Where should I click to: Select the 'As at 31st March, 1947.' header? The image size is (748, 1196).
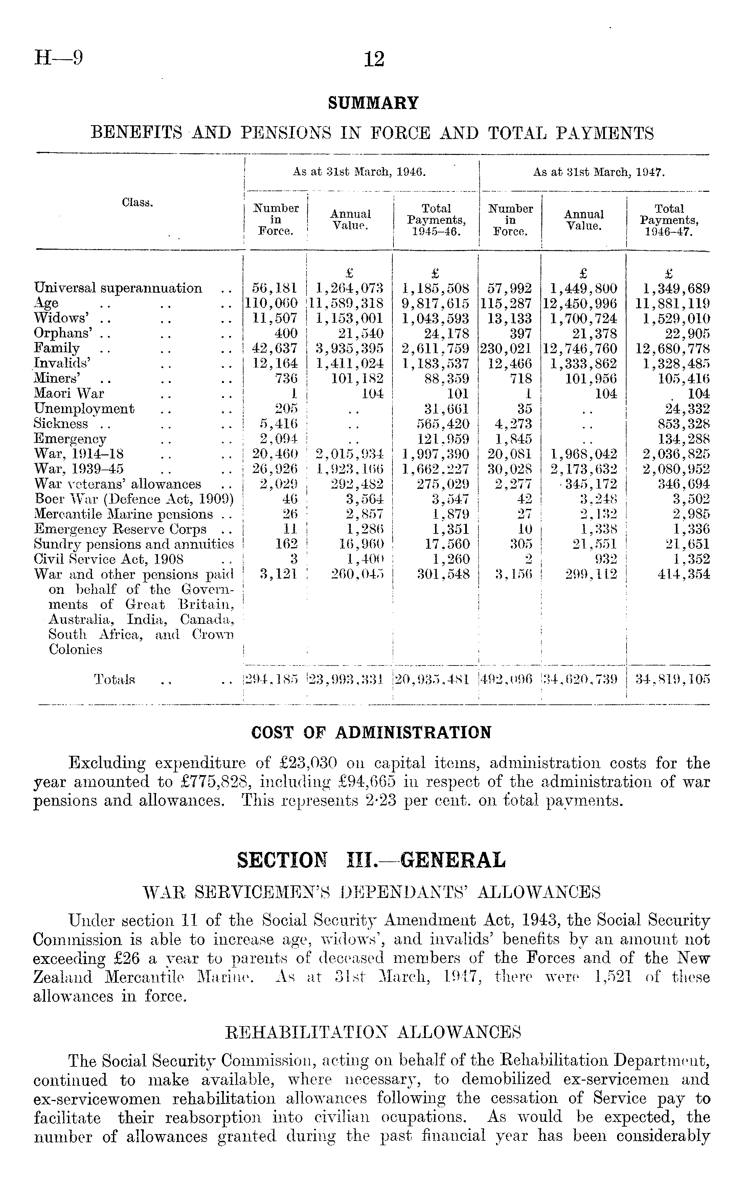coord(598,172)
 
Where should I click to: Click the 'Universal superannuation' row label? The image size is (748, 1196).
coord(118,288)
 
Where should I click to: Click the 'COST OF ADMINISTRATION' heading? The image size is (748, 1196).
coord(371,732)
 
